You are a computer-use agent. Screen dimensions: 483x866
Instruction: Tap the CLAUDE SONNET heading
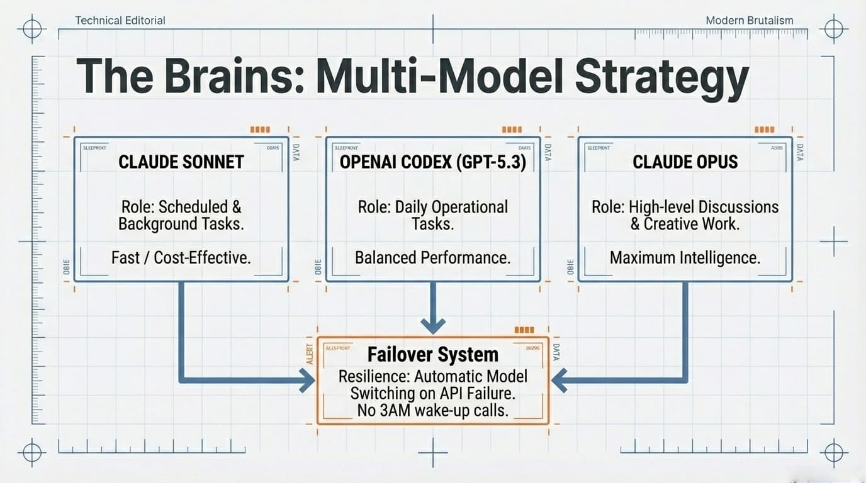tap(181, 162)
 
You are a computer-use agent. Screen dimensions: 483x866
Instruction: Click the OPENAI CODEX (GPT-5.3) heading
tap(433, 162)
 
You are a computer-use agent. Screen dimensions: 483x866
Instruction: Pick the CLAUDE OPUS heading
tap(685, 162)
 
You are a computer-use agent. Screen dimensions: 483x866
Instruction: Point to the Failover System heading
tap(433, 354)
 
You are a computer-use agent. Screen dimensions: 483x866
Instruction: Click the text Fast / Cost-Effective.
tap(181, 257)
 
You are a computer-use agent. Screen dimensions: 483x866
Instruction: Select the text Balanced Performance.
tap(433, 257)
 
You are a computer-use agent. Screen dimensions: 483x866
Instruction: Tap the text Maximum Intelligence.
tap(685, 257)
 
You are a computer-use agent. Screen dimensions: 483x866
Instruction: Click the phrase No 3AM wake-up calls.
tap(433, 410)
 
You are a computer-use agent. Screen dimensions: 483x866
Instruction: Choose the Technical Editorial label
tap(120, 20)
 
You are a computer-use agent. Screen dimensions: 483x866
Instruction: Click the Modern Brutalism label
tap(750, 20)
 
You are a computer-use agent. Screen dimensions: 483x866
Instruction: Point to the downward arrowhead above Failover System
tap(433, 325)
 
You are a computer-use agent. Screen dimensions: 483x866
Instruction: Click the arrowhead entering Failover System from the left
tap(308, 380)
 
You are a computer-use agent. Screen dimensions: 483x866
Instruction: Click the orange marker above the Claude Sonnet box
tap(260, 130)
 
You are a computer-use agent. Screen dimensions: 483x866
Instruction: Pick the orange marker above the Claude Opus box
tap(764, 130)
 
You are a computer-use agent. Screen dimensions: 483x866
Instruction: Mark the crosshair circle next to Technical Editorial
tap(32, 28)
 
